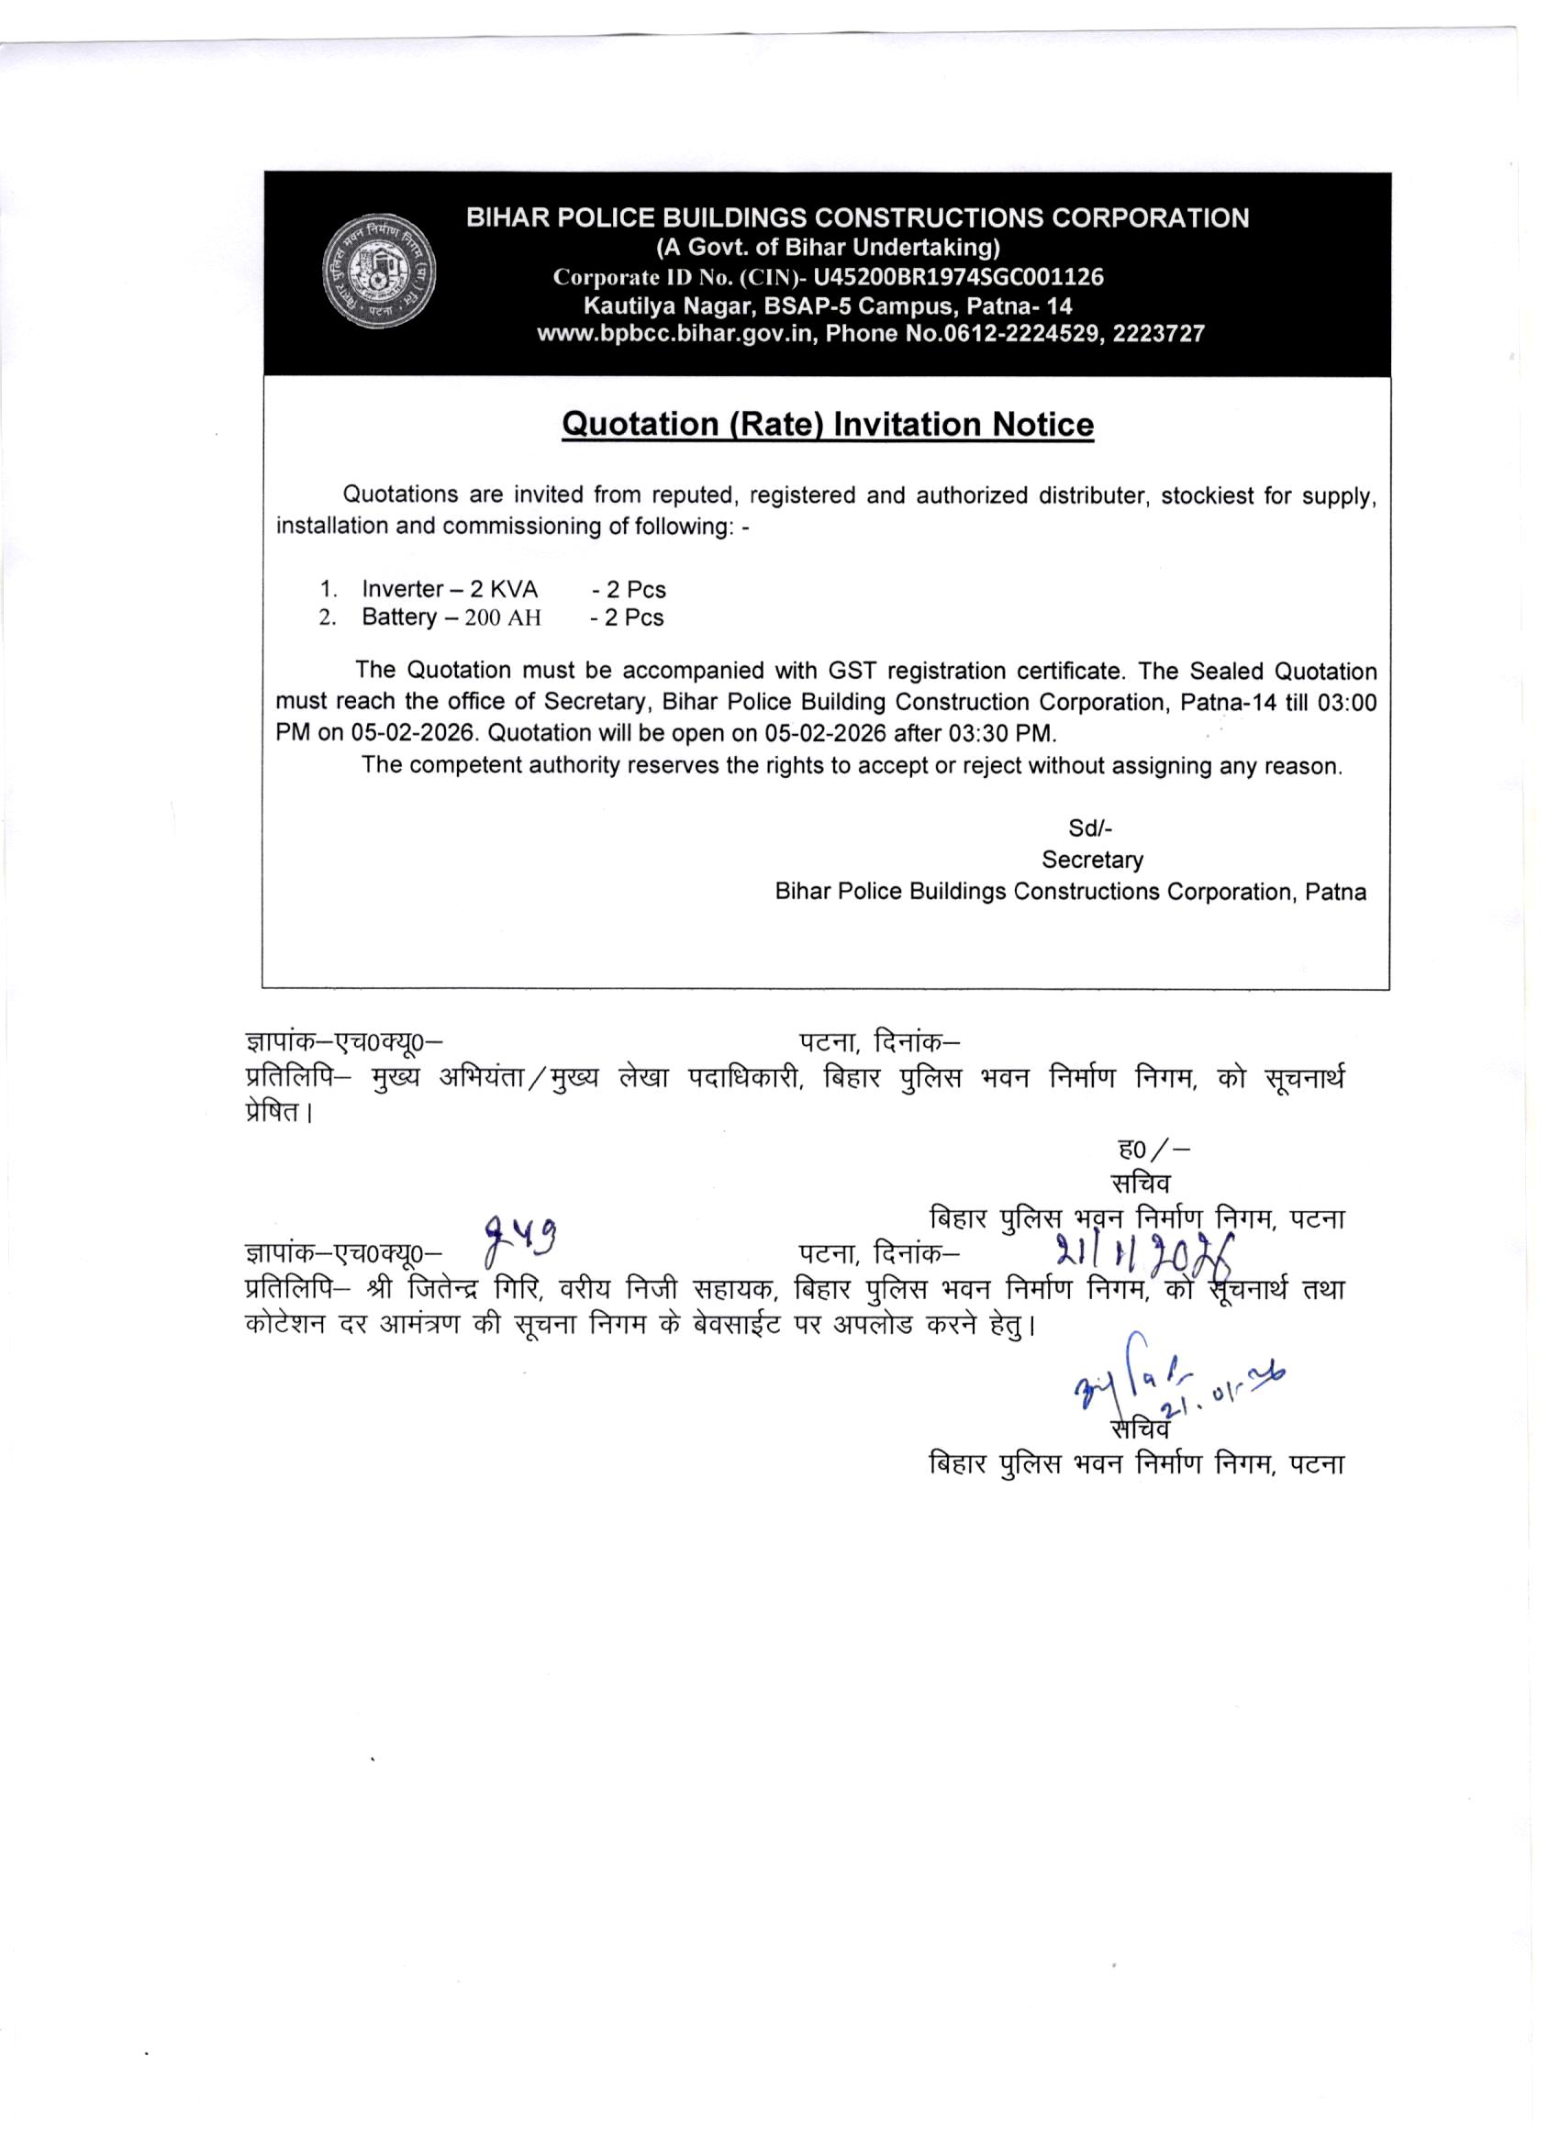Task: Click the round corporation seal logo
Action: coord(378,276)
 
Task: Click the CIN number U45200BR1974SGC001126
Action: coord(958,277)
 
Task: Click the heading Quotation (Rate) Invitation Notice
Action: coord(828,425)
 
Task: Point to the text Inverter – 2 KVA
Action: coord(450,589)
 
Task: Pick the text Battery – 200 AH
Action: coord(451,617)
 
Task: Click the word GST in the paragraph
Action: coord(852,672)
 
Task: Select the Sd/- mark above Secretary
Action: coord(1090,828)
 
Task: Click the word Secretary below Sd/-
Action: coord(1092,860)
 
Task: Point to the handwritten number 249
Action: coord(519,1239)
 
